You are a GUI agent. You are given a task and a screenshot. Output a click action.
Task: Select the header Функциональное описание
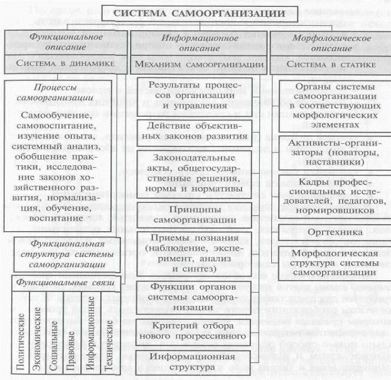click(67, 42)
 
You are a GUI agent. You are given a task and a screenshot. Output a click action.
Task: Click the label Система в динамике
click(66, 63)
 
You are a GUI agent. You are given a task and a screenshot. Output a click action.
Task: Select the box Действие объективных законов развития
click(195, 131)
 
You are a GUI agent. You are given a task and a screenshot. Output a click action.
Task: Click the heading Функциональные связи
click(67, 284)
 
